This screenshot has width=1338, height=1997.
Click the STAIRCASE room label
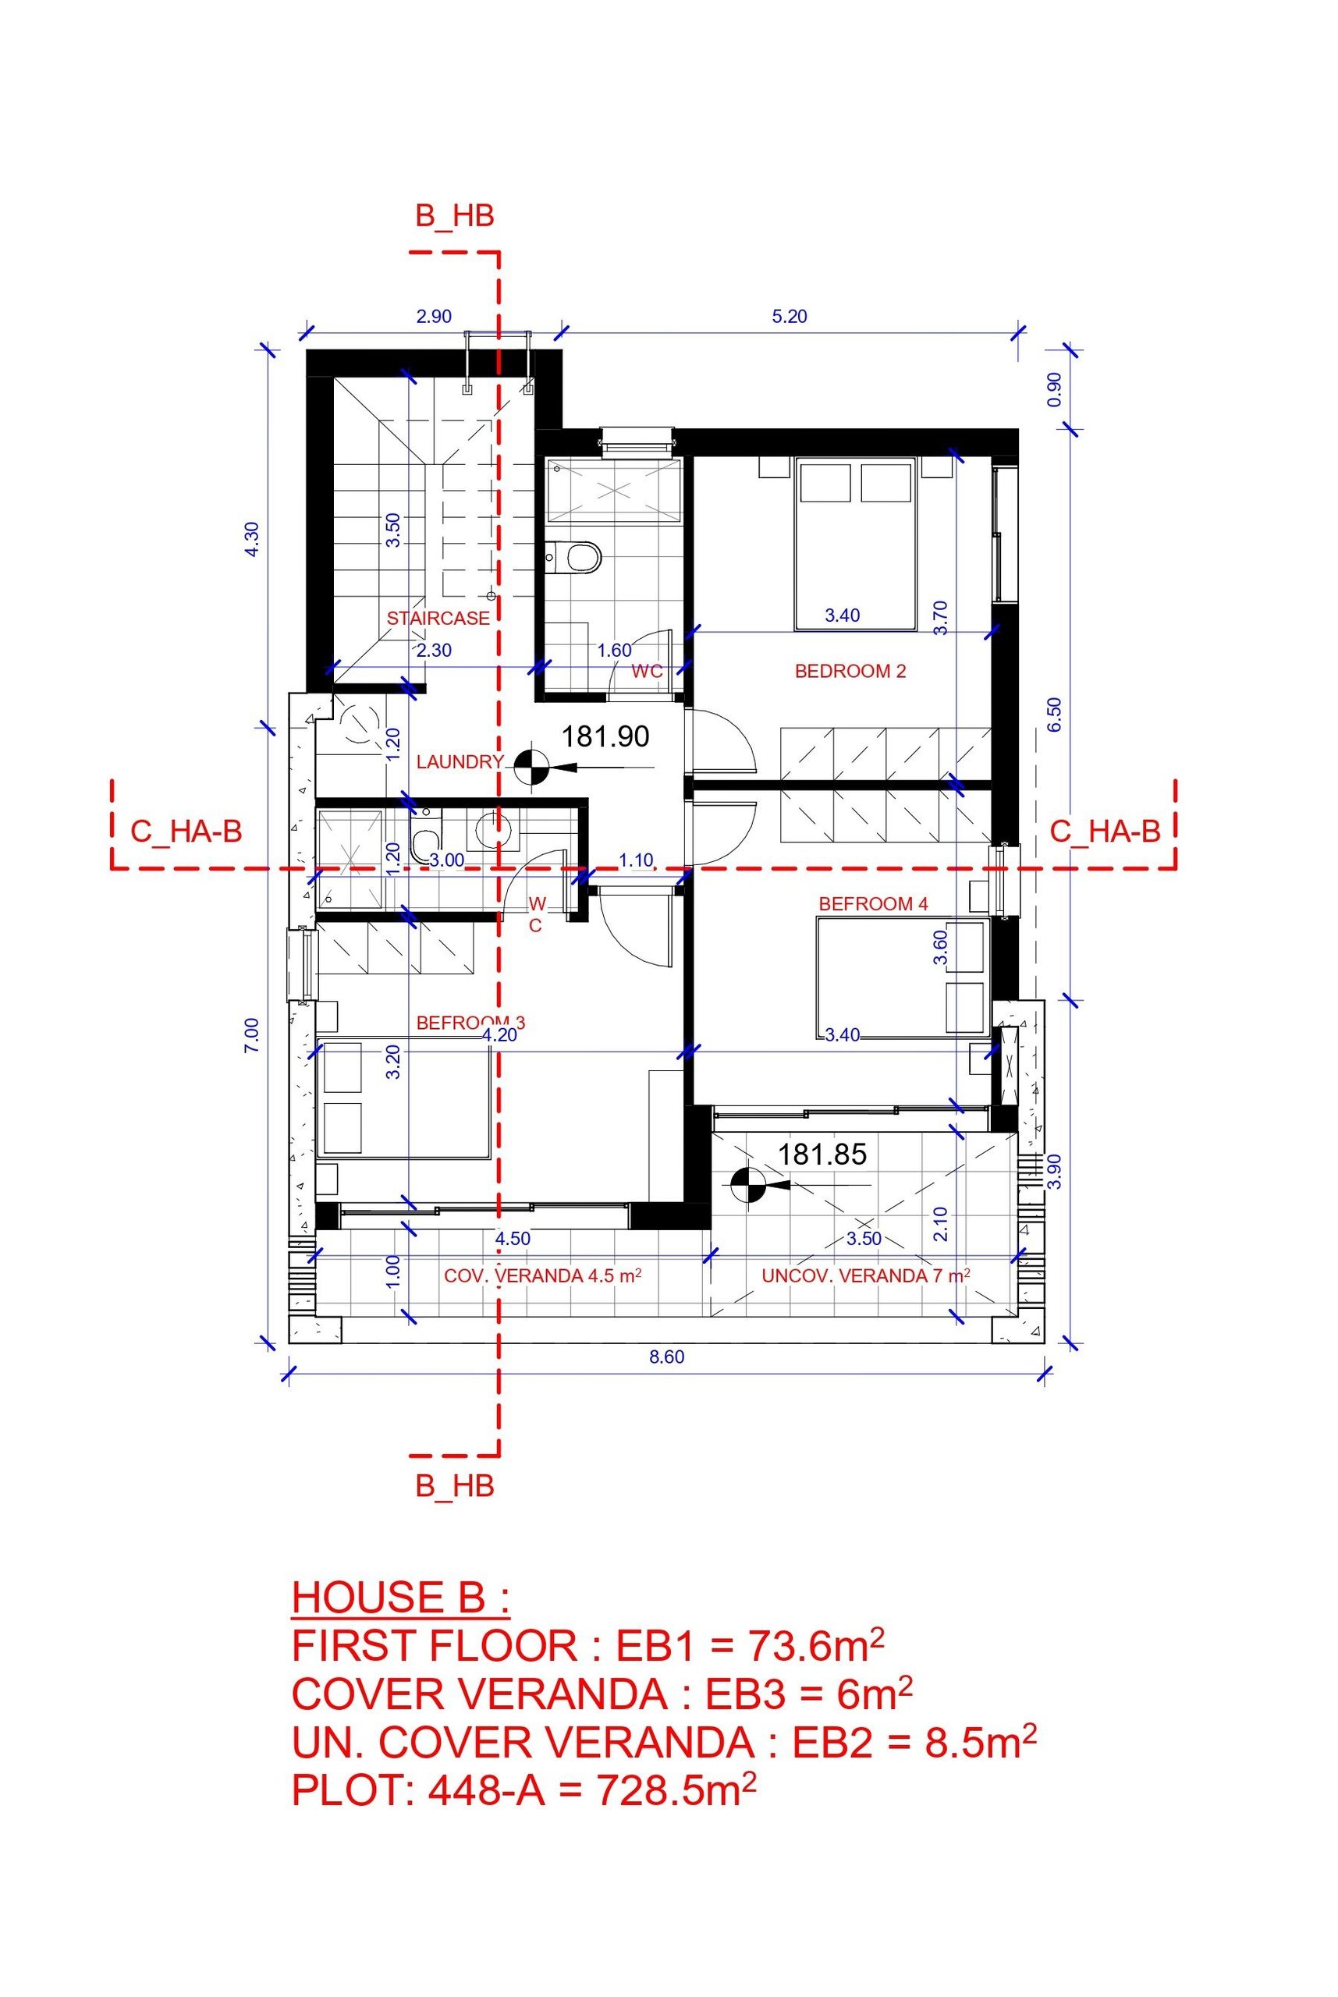tap(438, 619)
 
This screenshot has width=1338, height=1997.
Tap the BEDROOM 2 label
tap(850, 672)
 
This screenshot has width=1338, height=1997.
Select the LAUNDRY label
tap(460, 762)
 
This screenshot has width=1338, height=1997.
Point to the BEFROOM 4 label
tap(873, 903)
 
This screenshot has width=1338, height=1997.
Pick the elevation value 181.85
tap(822, 1155)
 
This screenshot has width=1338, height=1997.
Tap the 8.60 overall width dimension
tap(667, 1357)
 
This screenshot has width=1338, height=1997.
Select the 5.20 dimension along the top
tap(790, 317)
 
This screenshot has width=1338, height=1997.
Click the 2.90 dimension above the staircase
tap(434, 317)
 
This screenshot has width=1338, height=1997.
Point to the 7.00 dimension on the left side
tap(252, 1036)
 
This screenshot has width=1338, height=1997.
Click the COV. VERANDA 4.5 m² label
tap(543, 1275)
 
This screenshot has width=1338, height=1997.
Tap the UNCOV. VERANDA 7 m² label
tap(866, 1275)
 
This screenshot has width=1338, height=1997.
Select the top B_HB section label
tap(455, 216)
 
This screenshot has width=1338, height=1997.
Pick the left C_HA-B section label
tap(186, 831)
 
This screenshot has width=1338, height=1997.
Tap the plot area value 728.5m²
tap(676, 1789)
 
